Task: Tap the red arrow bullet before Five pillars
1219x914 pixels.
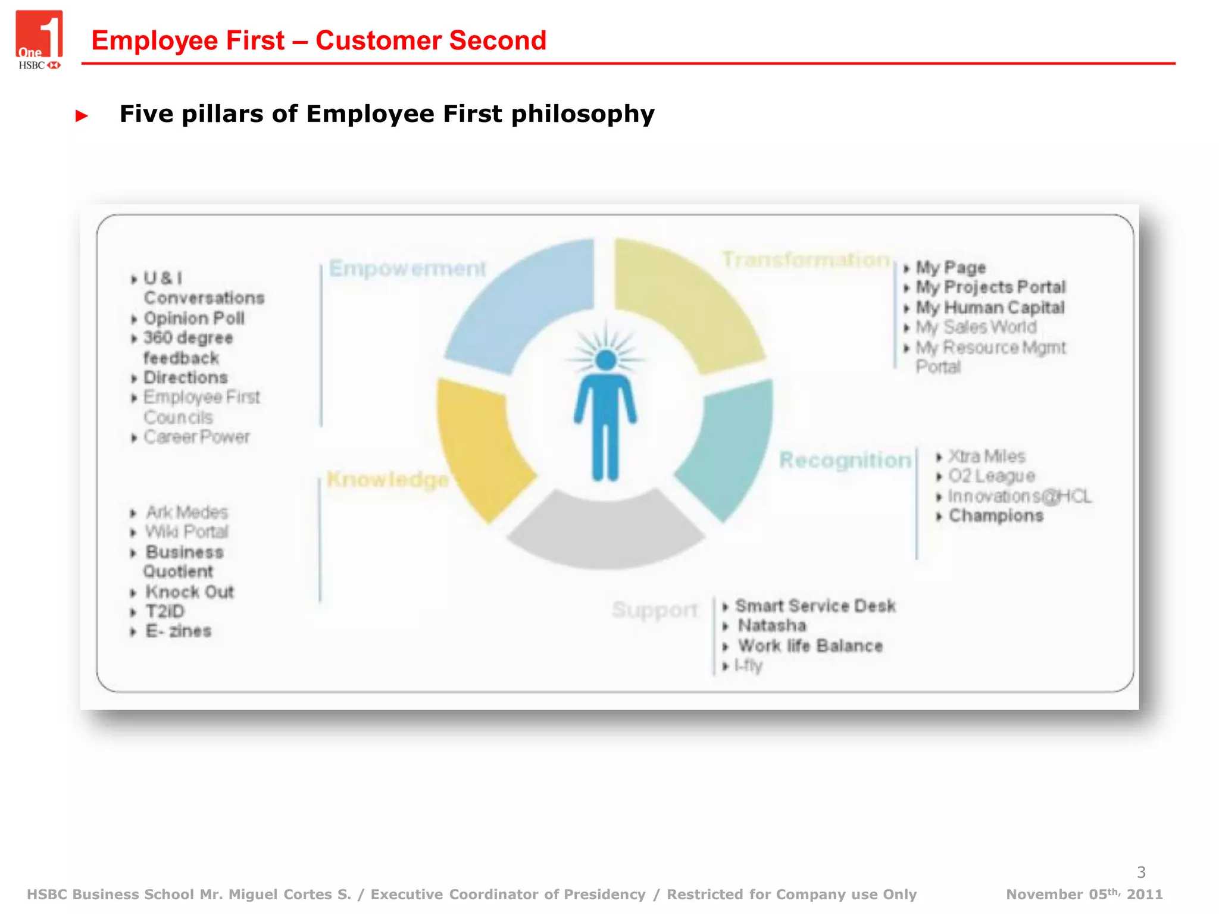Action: click(x=82, y=115)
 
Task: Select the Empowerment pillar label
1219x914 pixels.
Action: click(x=407, y=268)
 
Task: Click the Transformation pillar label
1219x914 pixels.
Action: click(x=805, y=260)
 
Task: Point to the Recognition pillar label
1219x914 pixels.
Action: click(x=845, y=460)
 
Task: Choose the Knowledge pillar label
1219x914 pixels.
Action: click(x=387, y=479)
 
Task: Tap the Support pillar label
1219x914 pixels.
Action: click(x=654, y=610)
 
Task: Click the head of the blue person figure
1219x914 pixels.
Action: click(x=606, y=360)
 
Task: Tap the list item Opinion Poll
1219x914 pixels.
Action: click(x=194, y=318)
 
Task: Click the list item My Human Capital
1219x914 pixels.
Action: click(x=990, y=308)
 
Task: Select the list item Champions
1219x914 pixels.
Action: click(x=996, y=516)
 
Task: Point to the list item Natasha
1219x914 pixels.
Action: click(x=772, y=626)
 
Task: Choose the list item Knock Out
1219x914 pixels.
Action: click(x=190, y=592)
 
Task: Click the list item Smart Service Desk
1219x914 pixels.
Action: click(x=815, y=606)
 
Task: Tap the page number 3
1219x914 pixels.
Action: click(x=1140, y=872)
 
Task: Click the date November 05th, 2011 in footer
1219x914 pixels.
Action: click(x=1084, y=894)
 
